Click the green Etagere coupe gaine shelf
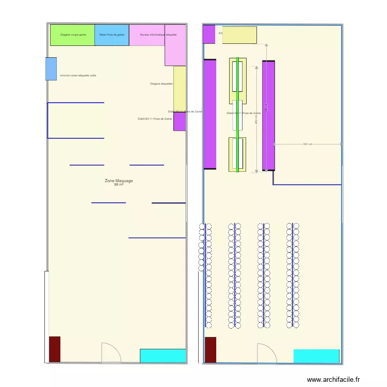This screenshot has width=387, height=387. click(x=72, y=35)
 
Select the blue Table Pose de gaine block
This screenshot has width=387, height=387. click(x=112, y=35)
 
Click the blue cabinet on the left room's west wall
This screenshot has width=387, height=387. click(x=51, y=69)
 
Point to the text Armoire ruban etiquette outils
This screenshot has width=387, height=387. click(x=78, y=75)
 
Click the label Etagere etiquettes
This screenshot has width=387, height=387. click(x=161, y=84)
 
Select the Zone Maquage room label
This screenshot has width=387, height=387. click(x=119, y=181)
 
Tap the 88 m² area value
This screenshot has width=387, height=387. click(x=119, y=185)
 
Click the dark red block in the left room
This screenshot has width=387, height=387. click(x=55, y=349)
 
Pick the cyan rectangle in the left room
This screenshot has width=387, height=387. click(x=163, y=356)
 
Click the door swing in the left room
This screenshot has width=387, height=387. click(x=110, y=353)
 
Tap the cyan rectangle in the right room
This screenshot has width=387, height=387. click(x=316, y=356)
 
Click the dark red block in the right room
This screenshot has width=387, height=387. click(x=211, y=350)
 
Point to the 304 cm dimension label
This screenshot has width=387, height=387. click(x=308, y=144)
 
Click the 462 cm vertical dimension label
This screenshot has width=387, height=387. click(x=256, y=119)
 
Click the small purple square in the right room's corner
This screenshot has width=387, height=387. click(x=208, y=34)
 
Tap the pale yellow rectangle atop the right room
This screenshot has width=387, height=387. click(x=239, y=35)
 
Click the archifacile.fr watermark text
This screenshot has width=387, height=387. click(x=333, y=379)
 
